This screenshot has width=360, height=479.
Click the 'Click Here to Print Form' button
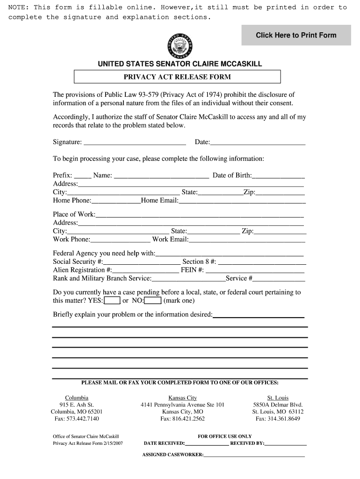(296, 35)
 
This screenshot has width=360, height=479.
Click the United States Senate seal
(180, 46)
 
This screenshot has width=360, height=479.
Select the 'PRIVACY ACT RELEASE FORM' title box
(177, 77)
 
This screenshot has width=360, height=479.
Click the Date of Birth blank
(278, 176)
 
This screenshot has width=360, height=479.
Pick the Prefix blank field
(83, 176)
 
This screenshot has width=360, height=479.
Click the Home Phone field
(116, 202)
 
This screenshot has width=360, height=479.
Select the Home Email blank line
(242, 202)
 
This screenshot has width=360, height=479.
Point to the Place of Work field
(200, 215)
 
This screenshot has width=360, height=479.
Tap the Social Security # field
(142, 262)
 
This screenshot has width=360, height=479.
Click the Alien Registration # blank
(145, 271)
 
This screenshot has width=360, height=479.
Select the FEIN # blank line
(255, 271)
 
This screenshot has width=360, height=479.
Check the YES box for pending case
(112, 301)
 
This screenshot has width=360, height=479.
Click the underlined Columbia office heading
(77, 398)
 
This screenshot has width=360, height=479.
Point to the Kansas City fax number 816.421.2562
(182, 419)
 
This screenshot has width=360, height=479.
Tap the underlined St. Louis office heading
(278, 398)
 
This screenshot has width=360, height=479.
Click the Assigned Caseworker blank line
(254, 455)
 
